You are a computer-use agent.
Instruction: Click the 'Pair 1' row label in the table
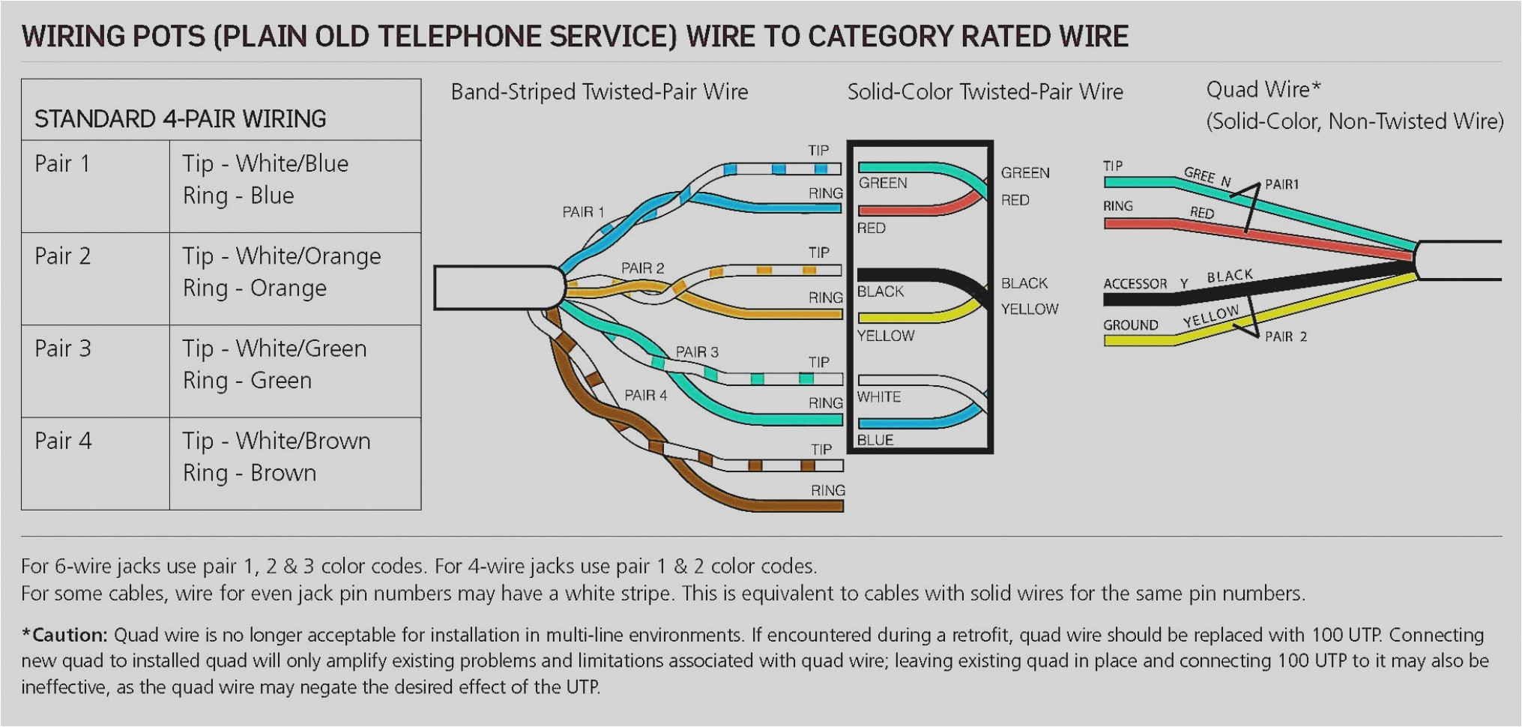(x=62, y=163)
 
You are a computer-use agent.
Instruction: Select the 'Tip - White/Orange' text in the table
(x=282, y=256)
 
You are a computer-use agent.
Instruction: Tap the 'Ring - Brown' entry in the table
(x=250, y=473)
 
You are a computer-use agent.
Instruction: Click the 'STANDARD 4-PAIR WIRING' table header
(x=181, y=118)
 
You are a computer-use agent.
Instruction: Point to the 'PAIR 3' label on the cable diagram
(x=697, y=352)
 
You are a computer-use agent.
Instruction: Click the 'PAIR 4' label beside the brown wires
(x=645, y=395)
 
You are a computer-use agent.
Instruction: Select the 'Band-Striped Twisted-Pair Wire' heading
(x=600, y=92)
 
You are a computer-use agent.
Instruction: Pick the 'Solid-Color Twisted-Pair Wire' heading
(x=985, y=92)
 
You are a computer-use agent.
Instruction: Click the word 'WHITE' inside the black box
(x=879, y=396)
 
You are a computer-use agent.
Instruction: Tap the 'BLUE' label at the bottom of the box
(x=875, y=440)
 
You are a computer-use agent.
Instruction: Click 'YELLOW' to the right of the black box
(x=1030, y=309)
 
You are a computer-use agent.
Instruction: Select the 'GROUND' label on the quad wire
(x=1130, y=325)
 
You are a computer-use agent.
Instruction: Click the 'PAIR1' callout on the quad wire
(x=1281, y=184)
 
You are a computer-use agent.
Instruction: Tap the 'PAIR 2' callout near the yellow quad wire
(x=1286, y=337)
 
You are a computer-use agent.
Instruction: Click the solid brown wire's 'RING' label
(x=828, y=490)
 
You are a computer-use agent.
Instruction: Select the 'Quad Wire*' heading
(x=1263, y=90)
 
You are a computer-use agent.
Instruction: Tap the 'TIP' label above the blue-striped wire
(x=818, y=151)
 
